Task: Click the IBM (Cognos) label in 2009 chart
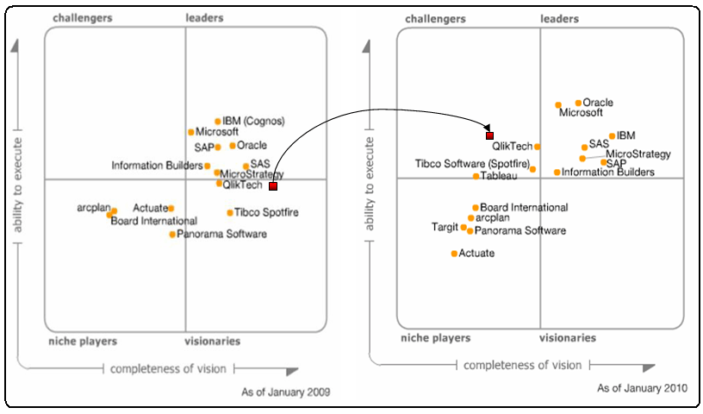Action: click(x=253, y=121)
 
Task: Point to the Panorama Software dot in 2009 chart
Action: click(x=172, y=234)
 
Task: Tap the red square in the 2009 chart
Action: click(x=272, y=185)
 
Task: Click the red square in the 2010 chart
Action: click(x=489, y=135)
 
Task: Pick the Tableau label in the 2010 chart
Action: click(x=499, y=176)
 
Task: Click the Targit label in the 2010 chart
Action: click(x=445, y=228)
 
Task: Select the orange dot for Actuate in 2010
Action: click(x=454, y=254)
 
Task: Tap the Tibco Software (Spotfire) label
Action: click(x=472, y=163)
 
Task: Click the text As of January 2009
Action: click(x=286, y=392)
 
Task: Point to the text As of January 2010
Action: click(x=643, y=388)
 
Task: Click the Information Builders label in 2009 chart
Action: click(x=157, y=166)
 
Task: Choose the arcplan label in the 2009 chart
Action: click(x=92, y=208)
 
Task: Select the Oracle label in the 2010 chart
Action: click(x=598, y=103)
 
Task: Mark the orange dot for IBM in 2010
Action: click(x=612, y=135)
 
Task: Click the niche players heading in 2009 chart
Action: click(x=83, y=342)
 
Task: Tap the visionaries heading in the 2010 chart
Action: click(x=568, y=338)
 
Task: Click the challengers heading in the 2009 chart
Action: click(x=82, y=17)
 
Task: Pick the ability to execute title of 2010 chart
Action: click(x=370, y=182)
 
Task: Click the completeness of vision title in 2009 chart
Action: click(x=168, y=369)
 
